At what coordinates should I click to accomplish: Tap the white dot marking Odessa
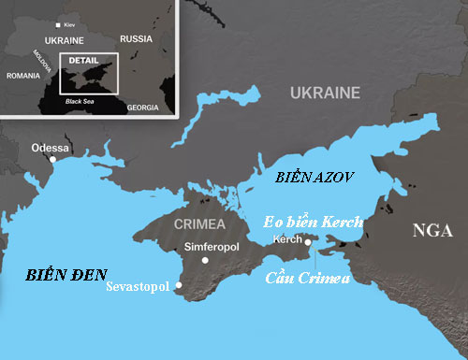53,159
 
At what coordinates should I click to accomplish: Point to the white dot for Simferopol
207,259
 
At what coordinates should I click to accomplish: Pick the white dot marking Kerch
309,241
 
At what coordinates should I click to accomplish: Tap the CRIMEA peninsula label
199,224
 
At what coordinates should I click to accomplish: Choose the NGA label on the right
431,231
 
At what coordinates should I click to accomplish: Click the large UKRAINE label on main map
324,93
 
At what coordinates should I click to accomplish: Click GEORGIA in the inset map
142,108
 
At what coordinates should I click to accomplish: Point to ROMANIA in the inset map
22,75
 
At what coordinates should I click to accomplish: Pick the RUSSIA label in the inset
136,38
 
